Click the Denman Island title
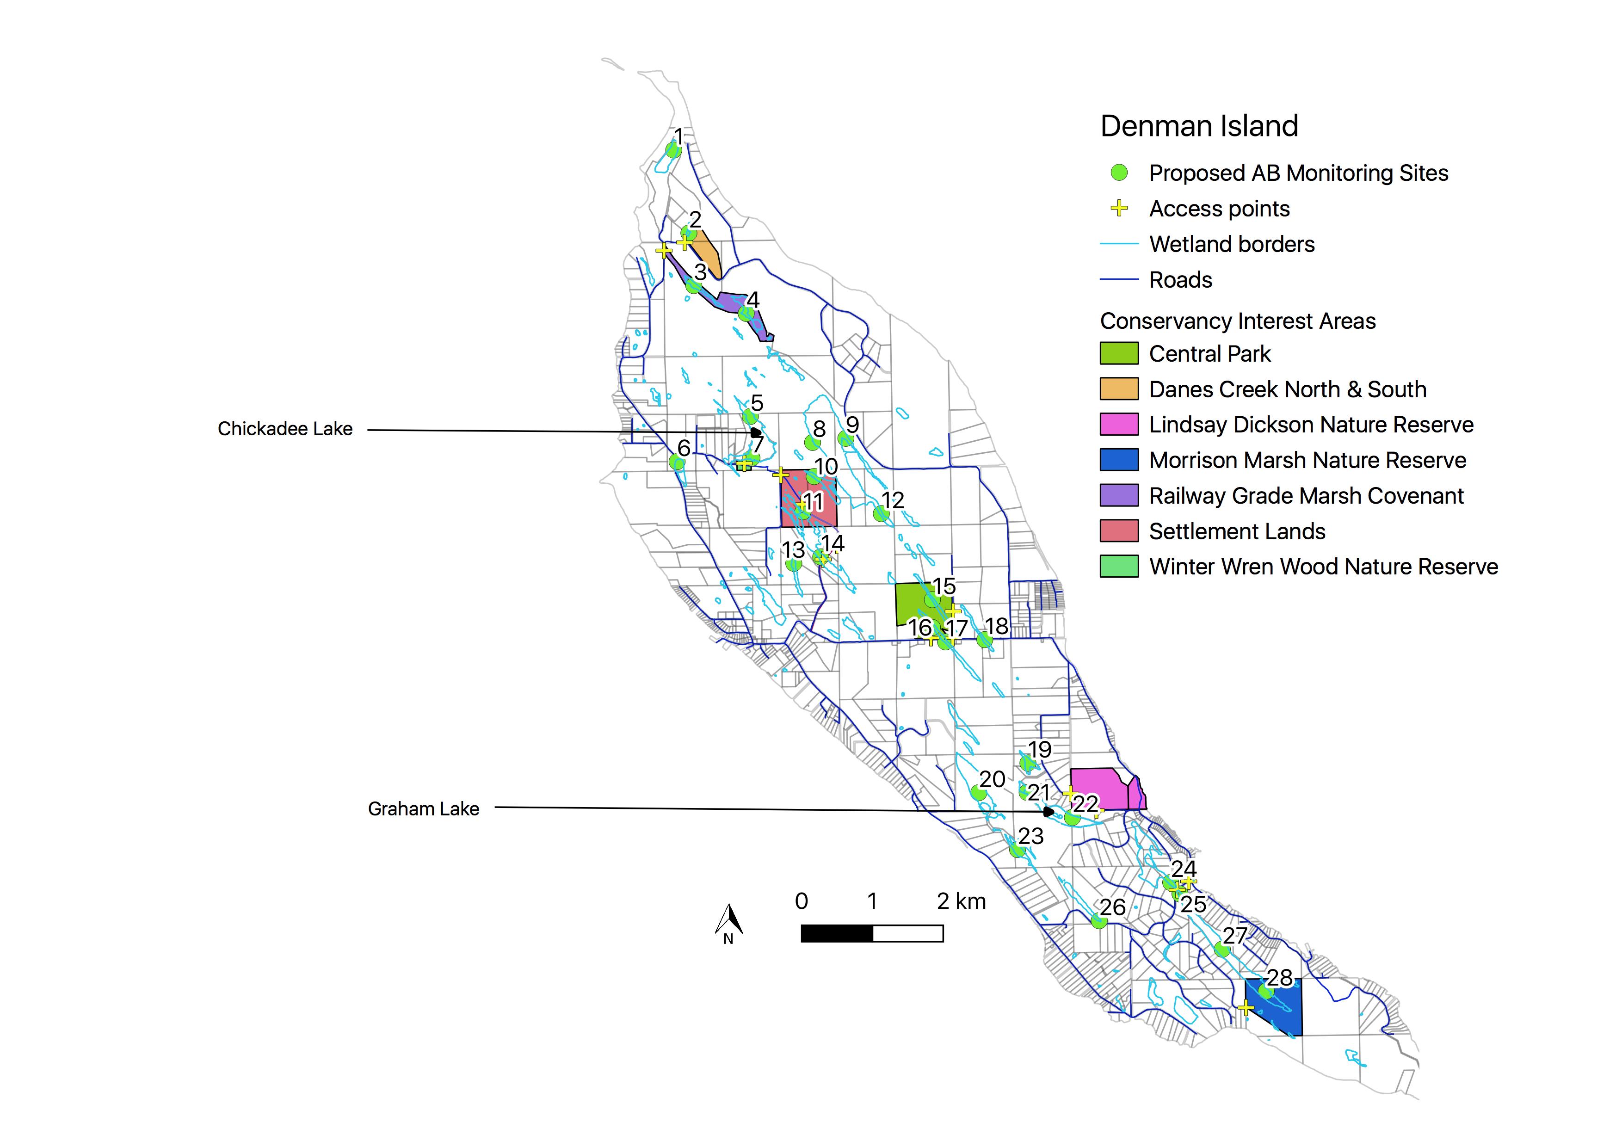click(x=1199, y=126)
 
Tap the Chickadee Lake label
click(x=285, y=429)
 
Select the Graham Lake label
click(x=423, y=809)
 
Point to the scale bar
click(x=872, y=934)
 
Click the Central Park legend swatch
click(x=1119, y=353)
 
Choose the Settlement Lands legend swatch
click(x=1119, y=530)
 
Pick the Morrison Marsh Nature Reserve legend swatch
click(x=1119, y=460)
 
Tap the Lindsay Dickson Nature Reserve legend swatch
click(x=1119, y=425)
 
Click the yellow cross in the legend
click(x=1119, y=208)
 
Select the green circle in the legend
click(x=1119, y=173)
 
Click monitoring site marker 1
click(x=673, y=150)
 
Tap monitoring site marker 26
click(x=1098, y=921)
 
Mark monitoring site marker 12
click(x=880, y=513)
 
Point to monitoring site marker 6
click(x=677, y=462)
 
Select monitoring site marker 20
click(x=979, y=792)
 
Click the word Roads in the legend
click(x=1180, y=280)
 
